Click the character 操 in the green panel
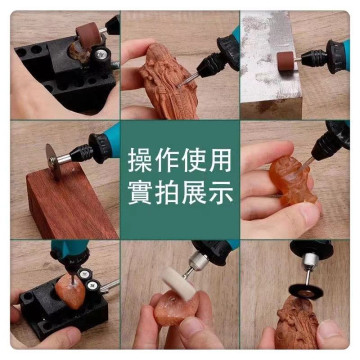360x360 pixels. pyautogui.click(x=140, y=161)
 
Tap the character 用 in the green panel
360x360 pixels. pyautogui.click(x=220, y=161)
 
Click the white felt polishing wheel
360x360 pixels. pyautogui.click(x=178, y=283)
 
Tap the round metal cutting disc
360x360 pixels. pyautogui.click(x=53, y=162)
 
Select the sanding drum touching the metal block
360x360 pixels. pyautogui.click(x=285, y=62)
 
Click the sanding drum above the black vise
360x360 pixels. pyautogui.click(x=88, y=35)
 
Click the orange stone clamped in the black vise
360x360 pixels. pyautogui.click(x=69, y=291)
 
